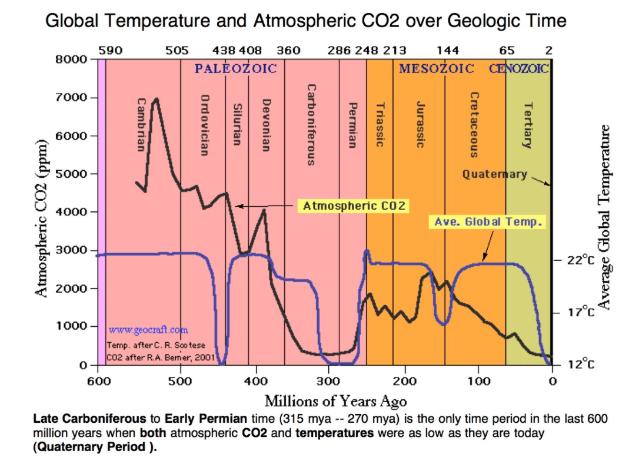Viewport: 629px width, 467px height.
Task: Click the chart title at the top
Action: tap(305, 22)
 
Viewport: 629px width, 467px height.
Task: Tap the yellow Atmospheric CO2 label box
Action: tap(354, 206)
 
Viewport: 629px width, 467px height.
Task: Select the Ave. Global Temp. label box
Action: tap(488, 222)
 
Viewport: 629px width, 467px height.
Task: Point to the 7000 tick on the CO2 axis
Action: tap(71, 97)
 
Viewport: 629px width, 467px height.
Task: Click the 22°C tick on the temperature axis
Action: tap(581, 260)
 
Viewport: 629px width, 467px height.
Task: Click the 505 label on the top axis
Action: tap(177, 51)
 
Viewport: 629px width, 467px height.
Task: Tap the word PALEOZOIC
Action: tap(235, 68)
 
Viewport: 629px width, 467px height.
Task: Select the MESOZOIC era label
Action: tap(436, 68)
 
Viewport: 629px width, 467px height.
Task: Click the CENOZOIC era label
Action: tap(518, 68)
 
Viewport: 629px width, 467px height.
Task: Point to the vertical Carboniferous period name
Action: tap(311, 124)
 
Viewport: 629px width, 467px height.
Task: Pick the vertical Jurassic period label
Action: tap(420, 124)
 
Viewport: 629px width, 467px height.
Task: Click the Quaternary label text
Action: tap(494, 174)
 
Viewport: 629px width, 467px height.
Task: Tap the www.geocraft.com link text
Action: tap(148, 330)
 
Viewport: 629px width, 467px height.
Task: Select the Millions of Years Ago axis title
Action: tap(335, 401)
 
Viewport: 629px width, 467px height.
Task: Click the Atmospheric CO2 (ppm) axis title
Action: tap(42, 218)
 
